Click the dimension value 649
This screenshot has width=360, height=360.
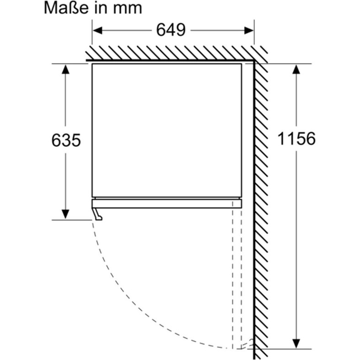pyautogui.click(x=171, y=30)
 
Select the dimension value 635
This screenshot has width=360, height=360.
pyautogui.click(x=66, y=140)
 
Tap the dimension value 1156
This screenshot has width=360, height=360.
pyautogui.click(x=296, y=139)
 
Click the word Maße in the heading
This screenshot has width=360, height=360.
pyautogui.click(x=66, y=8)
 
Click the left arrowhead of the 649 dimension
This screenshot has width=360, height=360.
pyautogui.click(x=97, y=30)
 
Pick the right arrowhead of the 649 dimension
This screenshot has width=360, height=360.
pyautogui.click(x=249, y=30)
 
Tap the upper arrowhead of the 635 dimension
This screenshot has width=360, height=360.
pyautogui.click(x=65, y=69)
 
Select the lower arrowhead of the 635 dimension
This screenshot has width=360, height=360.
pyautogui.click(x=65, y=215)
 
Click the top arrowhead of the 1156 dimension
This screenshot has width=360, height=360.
pyautogui.click(x=296, y=69)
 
